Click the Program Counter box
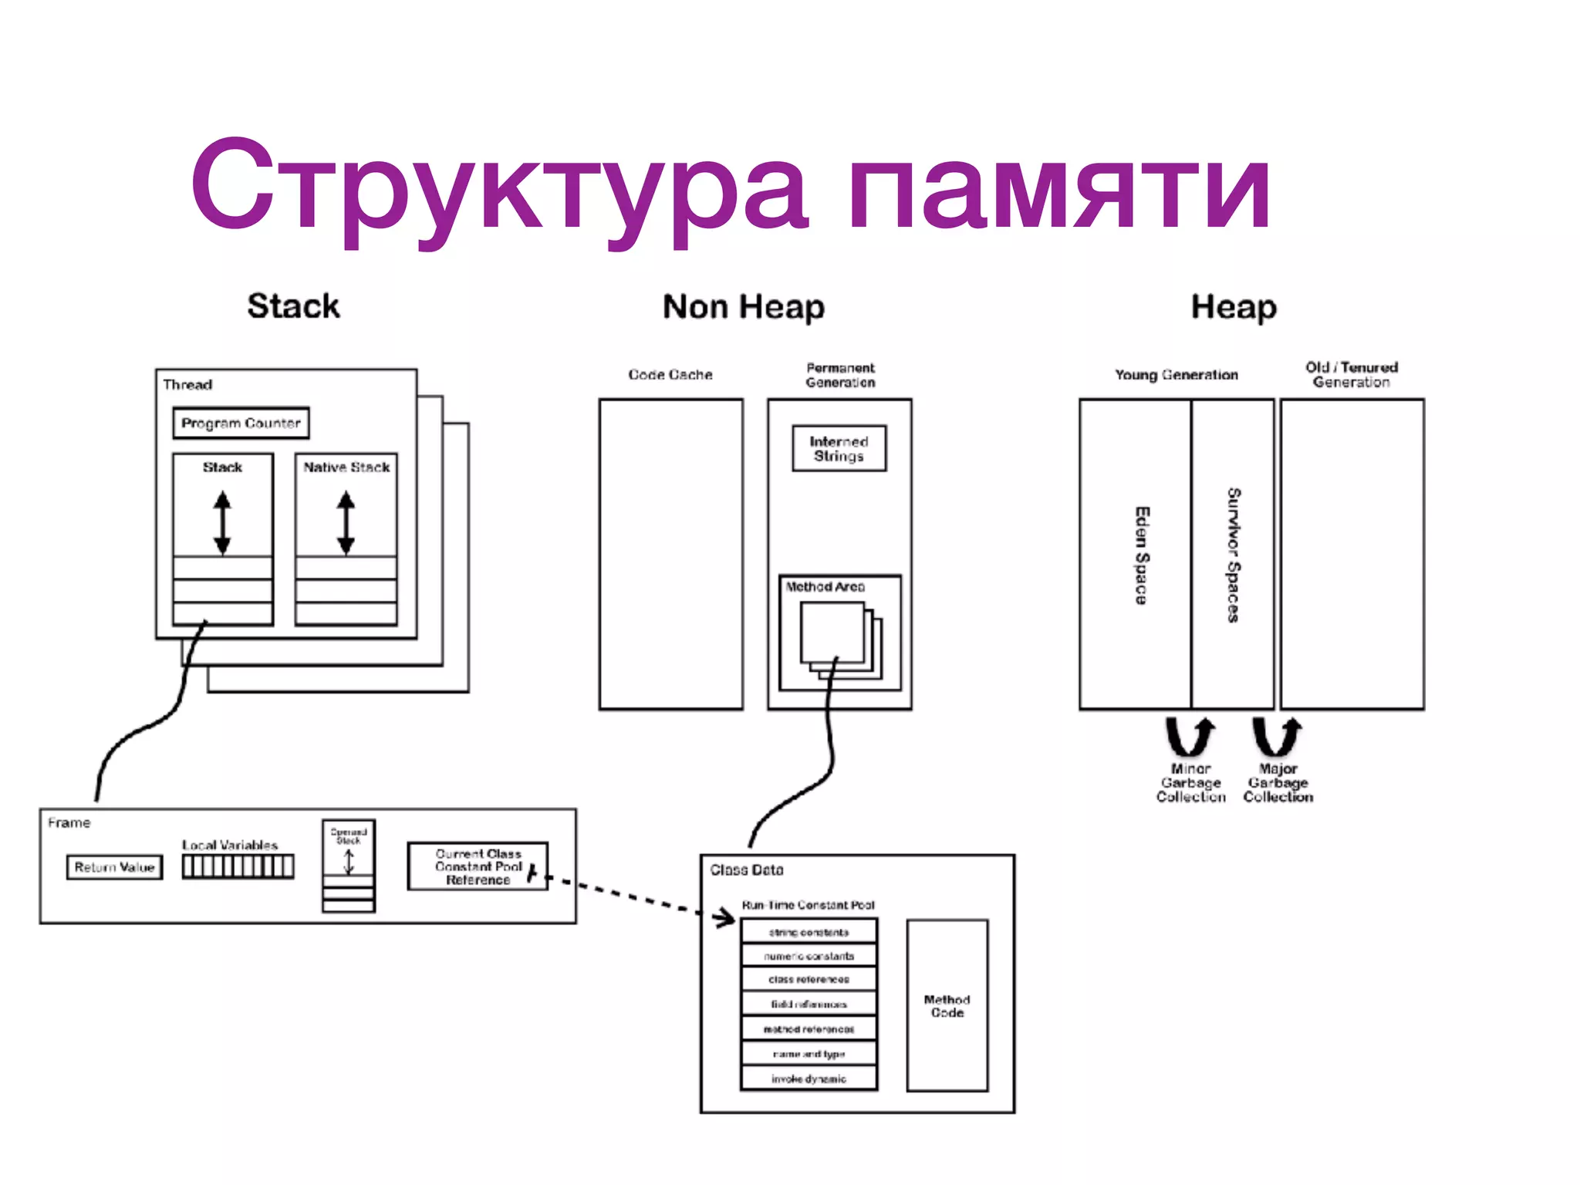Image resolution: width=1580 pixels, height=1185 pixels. [241, 423]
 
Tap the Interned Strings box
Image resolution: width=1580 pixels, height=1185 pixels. [839, 448]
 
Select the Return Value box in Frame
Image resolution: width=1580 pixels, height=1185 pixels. [114, 867]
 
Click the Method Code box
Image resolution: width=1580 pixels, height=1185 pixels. [947, 1005]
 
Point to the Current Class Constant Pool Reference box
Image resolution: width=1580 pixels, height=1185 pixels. [478, 866]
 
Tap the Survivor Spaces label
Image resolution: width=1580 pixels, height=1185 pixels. [1234, 555]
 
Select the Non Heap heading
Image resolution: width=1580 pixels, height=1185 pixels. [743, 306]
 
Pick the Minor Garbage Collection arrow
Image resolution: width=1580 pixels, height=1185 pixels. [1190, 737]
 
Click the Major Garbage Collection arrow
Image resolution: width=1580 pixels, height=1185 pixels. [1277, 737]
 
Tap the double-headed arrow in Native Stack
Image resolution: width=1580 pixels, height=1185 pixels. [346, 524]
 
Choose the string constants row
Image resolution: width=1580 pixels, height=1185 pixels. [809, 932]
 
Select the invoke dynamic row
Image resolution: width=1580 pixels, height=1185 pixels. [809, 1079]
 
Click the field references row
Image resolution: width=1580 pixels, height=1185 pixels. [809, 1004]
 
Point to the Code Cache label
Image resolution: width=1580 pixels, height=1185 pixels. [670, 375]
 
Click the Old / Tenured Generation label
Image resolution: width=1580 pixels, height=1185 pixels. [1351, 374]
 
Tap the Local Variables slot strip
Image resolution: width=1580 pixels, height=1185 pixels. [238, 867]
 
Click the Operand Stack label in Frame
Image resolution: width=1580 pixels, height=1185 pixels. [348, 836]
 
